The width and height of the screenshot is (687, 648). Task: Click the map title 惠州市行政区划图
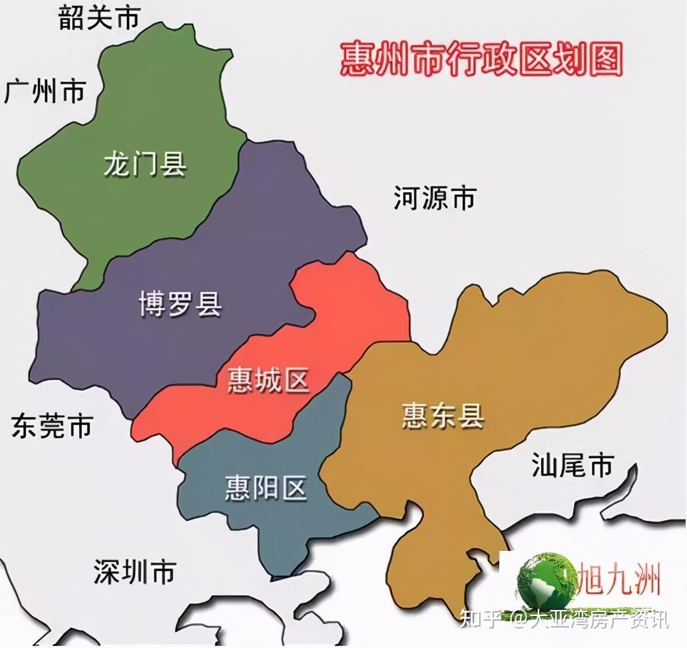(481, 60)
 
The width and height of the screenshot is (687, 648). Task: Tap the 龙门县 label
(144, 162)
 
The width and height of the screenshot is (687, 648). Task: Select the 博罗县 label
(180, 303)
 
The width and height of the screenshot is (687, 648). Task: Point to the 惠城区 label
(268, 380)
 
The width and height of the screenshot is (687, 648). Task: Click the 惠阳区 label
(266, 488)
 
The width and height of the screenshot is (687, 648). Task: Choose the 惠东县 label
(443, 415)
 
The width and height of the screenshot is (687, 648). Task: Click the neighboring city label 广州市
(45, 90)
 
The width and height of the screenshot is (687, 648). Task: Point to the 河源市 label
(435, 198)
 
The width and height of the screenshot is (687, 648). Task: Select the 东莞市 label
(51, 426)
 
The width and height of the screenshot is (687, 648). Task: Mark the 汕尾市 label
(572, 465)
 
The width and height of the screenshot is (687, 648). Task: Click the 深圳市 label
(134, 571)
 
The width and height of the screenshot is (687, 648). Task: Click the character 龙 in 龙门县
(117, 162)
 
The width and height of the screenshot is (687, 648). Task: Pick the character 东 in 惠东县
(443, 415)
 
